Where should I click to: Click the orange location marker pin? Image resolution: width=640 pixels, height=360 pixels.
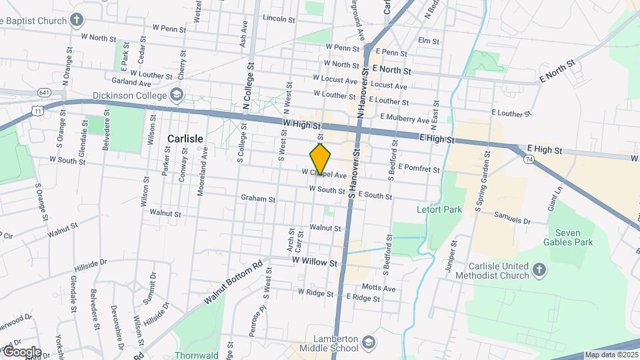coord(320,159)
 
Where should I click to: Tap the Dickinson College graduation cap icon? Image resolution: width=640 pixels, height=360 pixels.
coord(176,94)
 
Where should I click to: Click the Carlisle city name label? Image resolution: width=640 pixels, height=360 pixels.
coord(185,139)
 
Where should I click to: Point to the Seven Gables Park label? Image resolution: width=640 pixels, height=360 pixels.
coord(568,237)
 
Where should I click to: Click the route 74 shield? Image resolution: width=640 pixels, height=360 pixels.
coord(528,160)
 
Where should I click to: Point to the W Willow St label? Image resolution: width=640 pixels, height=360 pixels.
coord(314,262)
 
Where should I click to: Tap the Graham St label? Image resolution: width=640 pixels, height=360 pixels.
coord(258,198)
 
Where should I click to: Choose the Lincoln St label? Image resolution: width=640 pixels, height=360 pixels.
coord(279,19)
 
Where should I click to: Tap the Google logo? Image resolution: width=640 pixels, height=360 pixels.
coord(22,352)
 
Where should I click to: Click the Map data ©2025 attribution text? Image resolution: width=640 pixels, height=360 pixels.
coord(611,355)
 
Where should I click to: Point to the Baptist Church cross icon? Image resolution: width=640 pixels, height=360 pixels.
coord(78,20)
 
